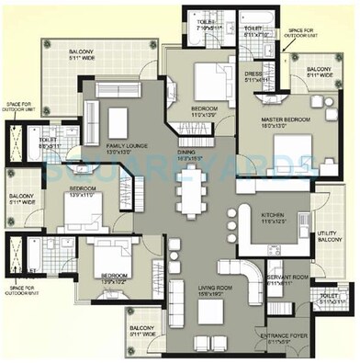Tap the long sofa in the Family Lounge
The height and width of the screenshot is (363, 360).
pyautogui.click(x=92, y=115)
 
